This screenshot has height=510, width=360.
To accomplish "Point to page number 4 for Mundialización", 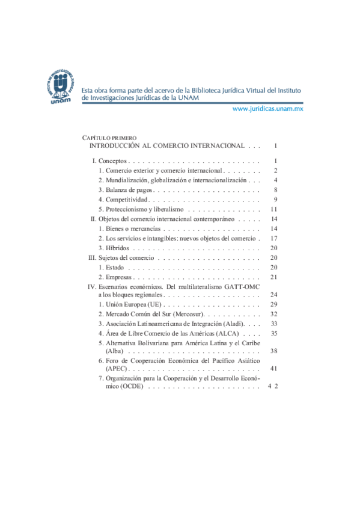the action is pos(274,180).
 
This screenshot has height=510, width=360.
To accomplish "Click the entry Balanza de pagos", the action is pos(125,190).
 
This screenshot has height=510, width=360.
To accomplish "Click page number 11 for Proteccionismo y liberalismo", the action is pos(273,209).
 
